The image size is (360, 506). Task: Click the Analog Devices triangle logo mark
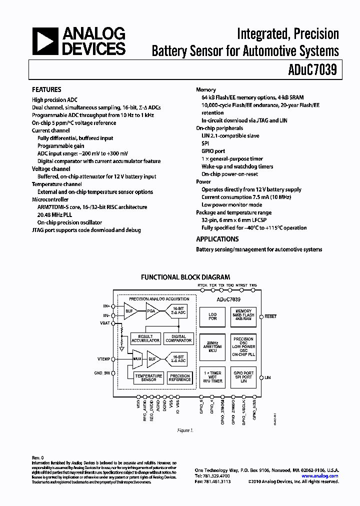(x=44, y=41)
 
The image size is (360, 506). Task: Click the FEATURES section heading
(x=46, y=89)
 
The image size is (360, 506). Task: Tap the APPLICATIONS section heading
(x=217, y=239)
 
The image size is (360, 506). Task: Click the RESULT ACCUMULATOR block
(x=145, y=338)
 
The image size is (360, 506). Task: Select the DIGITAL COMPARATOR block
(x=178, y=338)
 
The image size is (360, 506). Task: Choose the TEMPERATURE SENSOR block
(x=148, y=377)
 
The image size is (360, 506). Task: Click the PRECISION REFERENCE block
(x=180, y=377)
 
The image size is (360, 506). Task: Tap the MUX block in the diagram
(x=137, y=358)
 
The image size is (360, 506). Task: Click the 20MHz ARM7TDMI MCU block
(x=212, y=347)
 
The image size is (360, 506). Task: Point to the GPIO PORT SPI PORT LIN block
(x=243, y=377)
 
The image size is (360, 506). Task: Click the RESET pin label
(x=270, y=316)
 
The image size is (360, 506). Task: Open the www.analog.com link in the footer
(x=320, y=476)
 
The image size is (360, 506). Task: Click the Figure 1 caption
(x=185, y=430)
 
